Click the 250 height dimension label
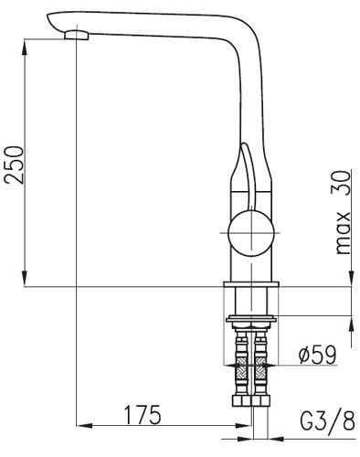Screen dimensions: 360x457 point(14,165)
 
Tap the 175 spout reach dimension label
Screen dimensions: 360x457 point(143,414)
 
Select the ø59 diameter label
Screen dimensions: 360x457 point(317,355)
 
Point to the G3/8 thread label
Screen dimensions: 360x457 point(327,420)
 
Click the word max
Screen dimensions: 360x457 point(343,232)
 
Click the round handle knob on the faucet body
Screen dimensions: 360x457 point(251,233)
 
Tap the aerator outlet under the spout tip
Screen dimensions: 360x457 point(77,35)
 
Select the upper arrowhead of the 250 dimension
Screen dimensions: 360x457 point(26,47)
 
